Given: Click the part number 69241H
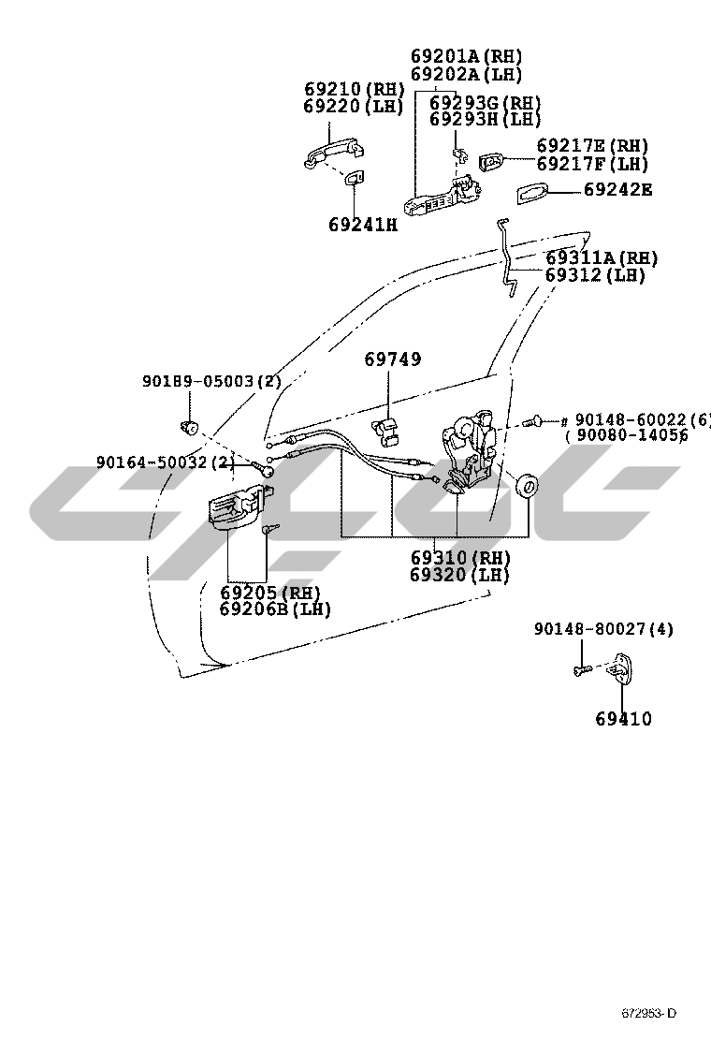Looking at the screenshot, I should (x=363, y=225).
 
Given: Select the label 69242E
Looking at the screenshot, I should (x=617, y=190).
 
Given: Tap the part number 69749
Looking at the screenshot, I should (x=393, y=359).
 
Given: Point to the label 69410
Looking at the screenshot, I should (x=623, y=719).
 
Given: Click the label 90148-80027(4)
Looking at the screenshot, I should (x=603, y=629).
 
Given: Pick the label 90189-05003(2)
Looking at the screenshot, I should (x=211, y=382).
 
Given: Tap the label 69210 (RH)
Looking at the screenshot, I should (x=354, y=90).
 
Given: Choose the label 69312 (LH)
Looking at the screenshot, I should (x=596, y=275).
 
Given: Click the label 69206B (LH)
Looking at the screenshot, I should (x=275, y=609).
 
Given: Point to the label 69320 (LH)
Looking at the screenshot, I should (x=459, y=575).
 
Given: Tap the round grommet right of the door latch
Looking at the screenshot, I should (x=530, y=488).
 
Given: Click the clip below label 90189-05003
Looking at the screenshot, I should (x=190, y=429).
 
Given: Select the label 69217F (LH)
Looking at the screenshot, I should (x=592, y=164).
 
